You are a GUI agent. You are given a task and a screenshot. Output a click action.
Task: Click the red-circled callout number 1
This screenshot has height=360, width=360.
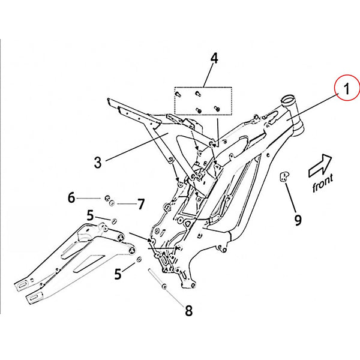pos(347,89)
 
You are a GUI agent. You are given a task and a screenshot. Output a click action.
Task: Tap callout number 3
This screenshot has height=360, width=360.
pos(98,163)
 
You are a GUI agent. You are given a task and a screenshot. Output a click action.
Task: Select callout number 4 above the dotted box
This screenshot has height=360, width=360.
pos(214,58)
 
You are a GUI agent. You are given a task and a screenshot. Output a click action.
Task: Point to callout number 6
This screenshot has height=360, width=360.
pos(71,197)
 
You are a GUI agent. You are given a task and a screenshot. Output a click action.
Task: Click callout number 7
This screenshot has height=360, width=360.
pos(141,204)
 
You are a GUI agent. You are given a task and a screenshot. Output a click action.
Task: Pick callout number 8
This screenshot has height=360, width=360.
pos(189,311)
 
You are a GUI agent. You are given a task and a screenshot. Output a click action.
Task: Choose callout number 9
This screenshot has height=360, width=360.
pos(298,220)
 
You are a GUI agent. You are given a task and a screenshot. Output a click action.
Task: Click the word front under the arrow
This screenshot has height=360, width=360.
pos(323,183)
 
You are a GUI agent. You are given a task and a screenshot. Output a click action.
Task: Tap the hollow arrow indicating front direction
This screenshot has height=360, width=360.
pos(320,166)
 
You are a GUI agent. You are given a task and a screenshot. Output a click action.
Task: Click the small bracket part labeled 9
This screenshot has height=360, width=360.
pos(284,176)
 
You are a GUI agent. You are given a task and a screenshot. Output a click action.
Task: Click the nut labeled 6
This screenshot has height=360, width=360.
pos(107,198)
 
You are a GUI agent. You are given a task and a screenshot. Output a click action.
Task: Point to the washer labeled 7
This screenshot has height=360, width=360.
pos(112,203)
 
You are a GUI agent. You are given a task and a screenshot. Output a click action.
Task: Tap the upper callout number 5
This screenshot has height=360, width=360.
pos(90,215)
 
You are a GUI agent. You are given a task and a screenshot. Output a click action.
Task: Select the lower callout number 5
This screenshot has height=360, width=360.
pos(118,274)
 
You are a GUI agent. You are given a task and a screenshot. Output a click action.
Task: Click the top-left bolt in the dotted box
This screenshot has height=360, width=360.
pos(178,94)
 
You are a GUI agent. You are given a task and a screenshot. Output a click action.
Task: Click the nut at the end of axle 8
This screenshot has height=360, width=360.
pos(164,286)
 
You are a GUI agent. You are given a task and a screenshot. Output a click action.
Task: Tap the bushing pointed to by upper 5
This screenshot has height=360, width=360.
pos(113,221)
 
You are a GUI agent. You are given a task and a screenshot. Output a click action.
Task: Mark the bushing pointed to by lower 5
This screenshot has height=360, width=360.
pos(139,260)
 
